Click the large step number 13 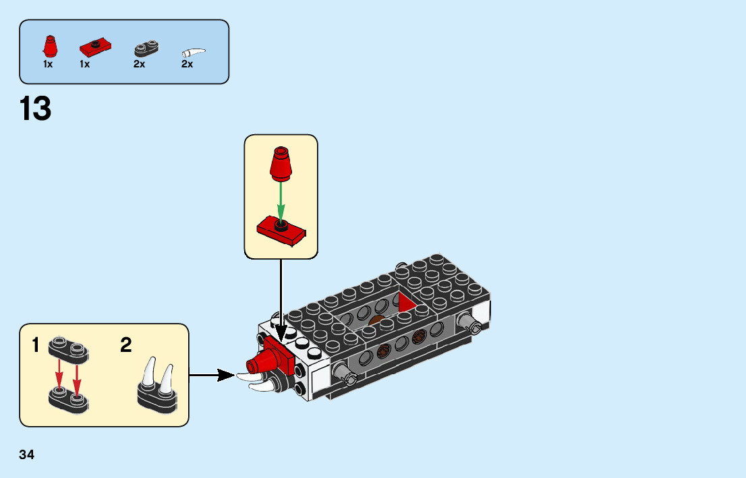36,109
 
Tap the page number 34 27,454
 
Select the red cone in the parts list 49,47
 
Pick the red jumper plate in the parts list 94,48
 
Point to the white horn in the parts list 194,53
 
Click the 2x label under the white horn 187,65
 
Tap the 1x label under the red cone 48,65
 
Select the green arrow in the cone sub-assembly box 281,200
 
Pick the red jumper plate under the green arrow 281,231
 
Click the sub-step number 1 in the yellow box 36,346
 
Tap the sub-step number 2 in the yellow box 125,346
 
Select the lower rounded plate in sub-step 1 69,400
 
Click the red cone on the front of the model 259,365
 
